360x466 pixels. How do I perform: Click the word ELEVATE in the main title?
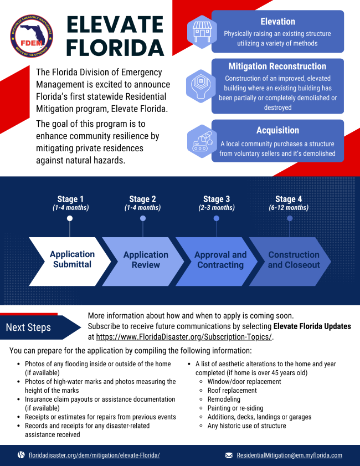[115, 24]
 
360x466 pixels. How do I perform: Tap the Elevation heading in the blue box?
[277, 22]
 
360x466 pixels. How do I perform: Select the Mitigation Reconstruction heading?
[277, 66]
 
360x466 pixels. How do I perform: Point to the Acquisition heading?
[277, 130]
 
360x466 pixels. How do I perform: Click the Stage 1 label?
[71, 199]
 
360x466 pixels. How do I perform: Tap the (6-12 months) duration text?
[289, 208]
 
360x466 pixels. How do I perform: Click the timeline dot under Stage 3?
[216, 218]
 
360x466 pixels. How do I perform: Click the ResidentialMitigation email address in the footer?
[289, 455]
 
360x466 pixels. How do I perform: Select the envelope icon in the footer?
[229, 455]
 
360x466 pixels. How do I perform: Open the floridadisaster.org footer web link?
[94, 455]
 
